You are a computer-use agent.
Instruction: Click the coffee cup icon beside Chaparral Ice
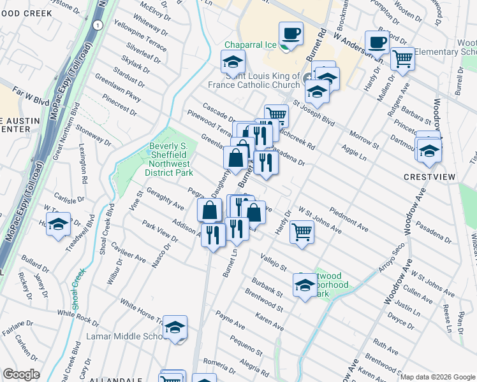click(x=291, y=33)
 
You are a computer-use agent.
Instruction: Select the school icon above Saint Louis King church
click(x=233, y=62)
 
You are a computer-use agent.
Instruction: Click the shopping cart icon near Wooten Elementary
click(x=402, y=59)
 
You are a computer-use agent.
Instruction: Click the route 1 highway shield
click(x=97, y=24)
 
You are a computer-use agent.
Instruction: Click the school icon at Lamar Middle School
click(x=174, y=327)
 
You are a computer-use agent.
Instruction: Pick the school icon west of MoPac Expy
click(x=58, y=225)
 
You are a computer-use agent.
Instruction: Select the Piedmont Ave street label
click(x=349, y=218)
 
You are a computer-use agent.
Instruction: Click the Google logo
click(x=22, y=374)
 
